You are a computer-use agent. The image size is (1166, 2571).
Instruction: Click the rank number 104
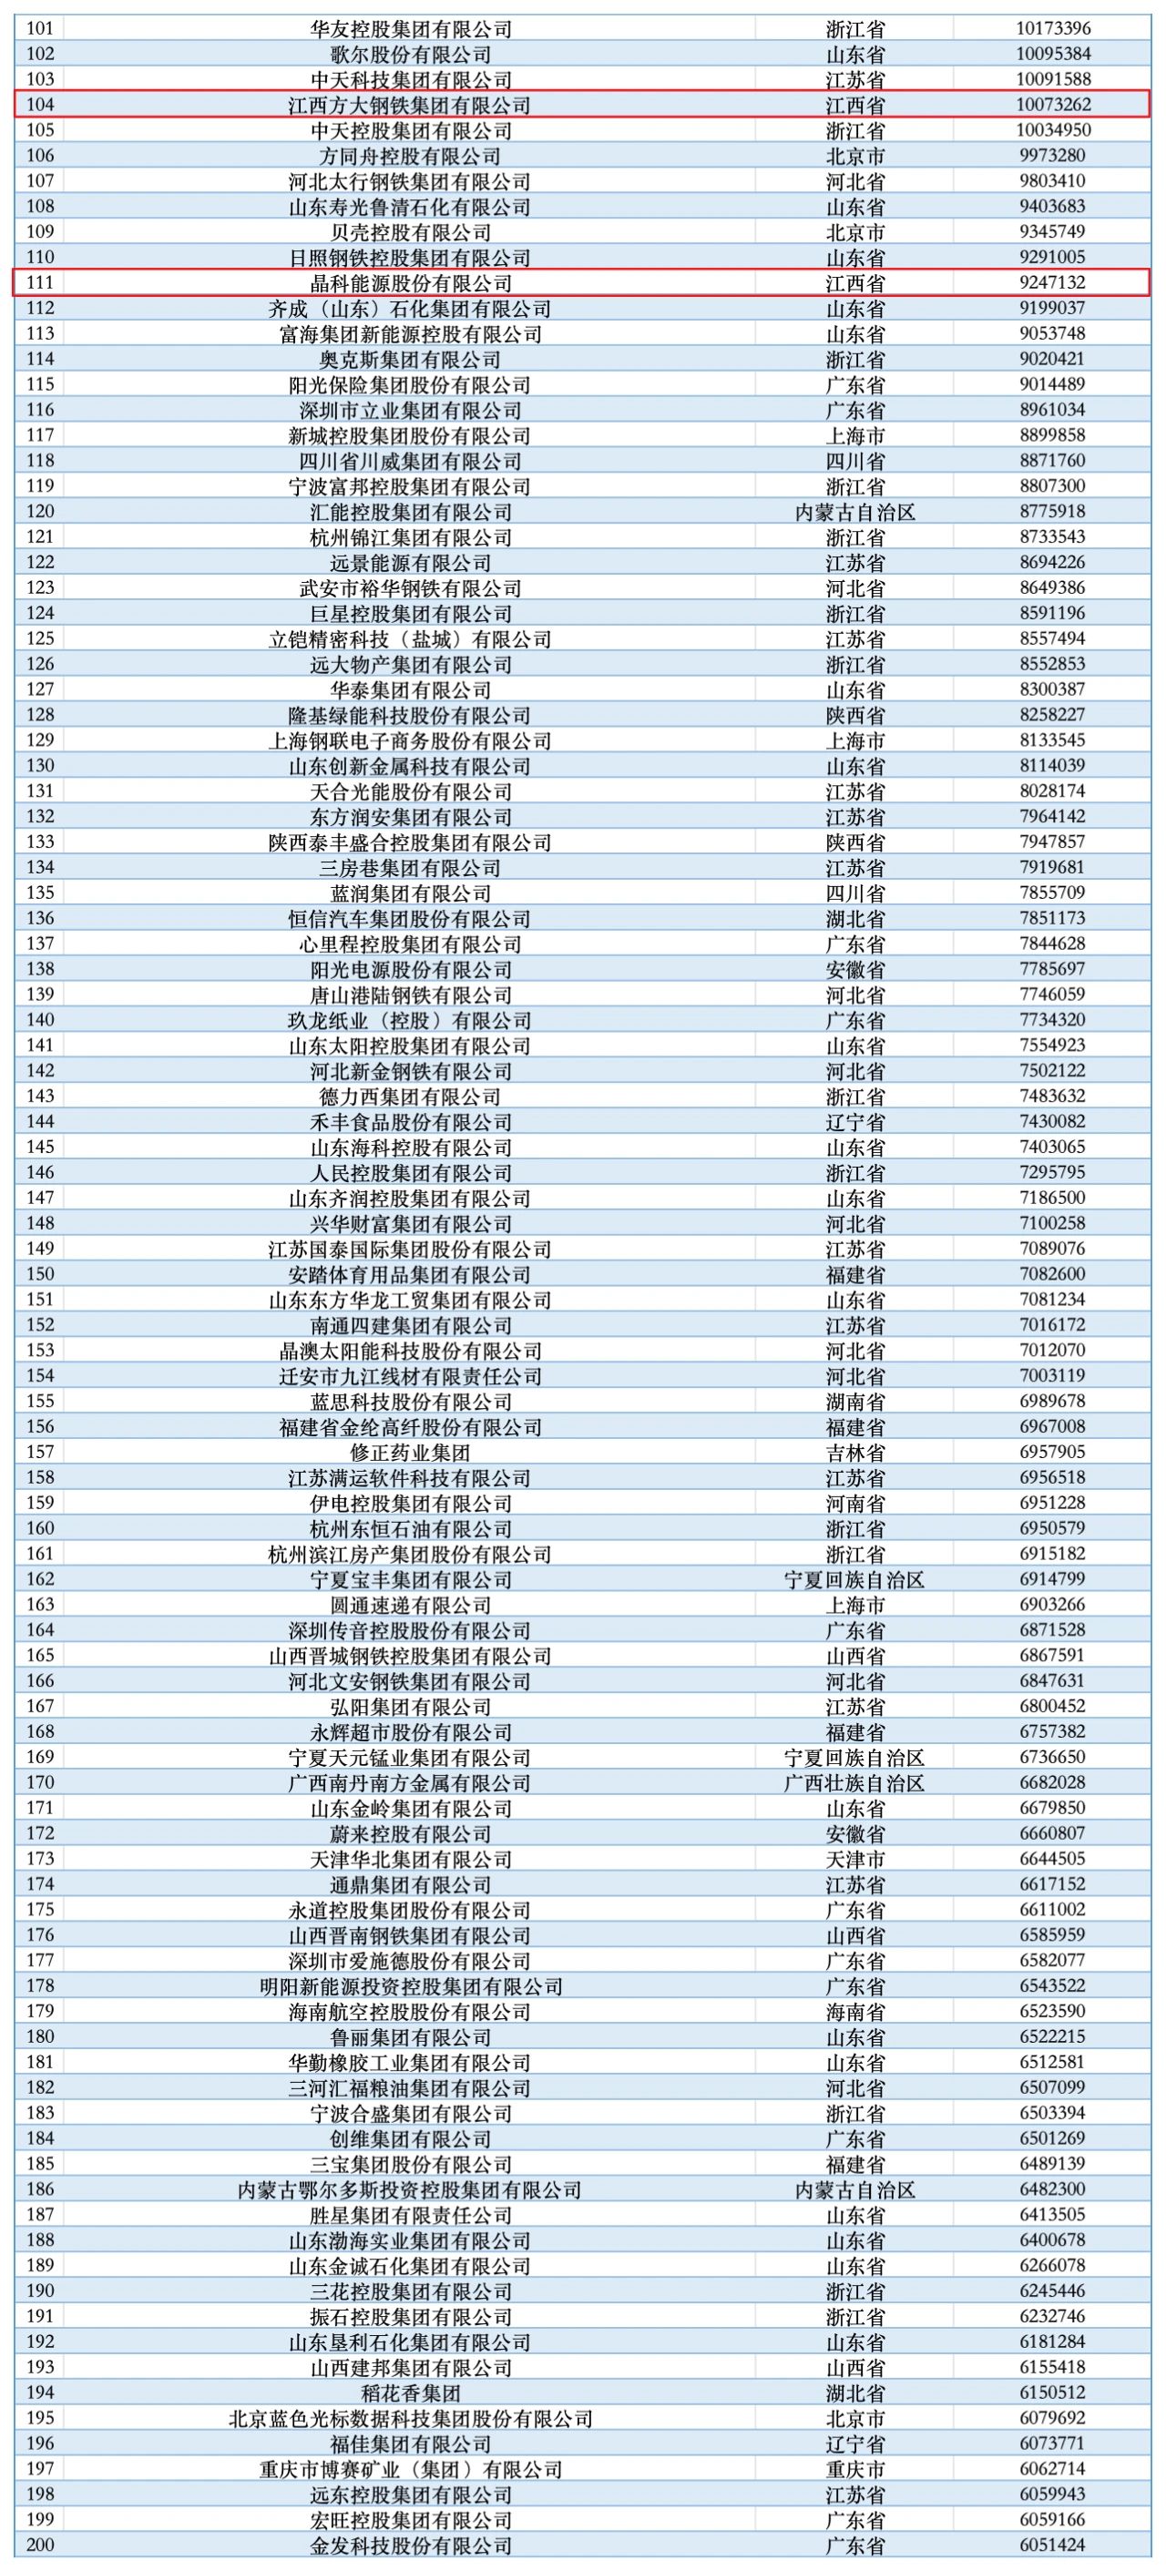point(40,105)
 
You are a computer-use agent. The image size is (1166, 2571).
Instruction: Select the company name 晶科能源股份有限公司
point(410,283)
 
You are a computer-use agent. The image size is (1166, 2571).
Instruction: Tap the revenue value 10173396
point(1053,29)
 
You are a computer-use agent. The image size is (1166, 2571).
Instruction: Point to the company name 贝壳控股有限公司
point(410,232)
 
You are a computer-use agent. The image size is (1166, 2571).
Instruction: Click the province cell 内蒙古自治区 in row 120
point(854,512)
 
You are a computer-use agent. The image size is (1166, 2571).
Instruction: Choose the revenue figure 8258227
point(1053,715)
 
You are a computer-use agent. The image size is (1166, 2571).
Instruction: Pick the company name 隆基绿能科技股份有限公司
point(410,716)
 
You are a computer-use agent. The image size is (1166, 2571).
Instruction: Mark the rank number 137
point(40,944)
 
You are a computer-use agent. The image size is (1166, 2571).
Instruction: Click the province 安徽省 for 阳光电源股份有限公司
point(854,969)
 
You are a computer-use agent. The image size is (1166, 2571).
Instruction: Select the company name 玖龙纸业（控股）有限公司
point(410,1020)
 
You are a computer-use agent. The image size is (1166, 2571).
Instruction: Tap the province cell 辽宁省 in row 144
point(854,1122)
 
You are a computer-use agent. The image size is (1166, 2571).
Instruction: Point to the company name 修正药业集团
point(410,1453)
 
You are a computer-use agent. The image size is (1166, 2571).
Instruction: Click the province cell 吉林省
point(854,1453)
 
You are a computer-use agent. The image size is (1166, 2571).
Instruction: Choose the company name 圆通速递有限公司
point(410,1605)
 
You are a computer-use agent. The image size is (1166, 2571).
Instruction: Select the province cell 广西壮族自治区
point(854,1782)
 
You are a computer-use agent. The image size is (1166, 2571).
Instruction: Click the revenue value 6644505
point(1053,1859)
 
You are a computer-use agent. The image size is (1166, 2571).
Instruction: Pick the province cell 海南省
point(854,2011)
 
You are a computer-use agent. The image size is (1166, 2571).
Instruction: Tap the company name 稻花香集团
point(410,2392)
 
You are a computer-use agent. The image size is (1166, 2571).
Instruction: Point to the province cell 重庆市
point(854,2469)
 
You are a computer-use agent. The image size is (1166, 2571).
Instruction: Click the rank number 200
point(40,2545)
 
